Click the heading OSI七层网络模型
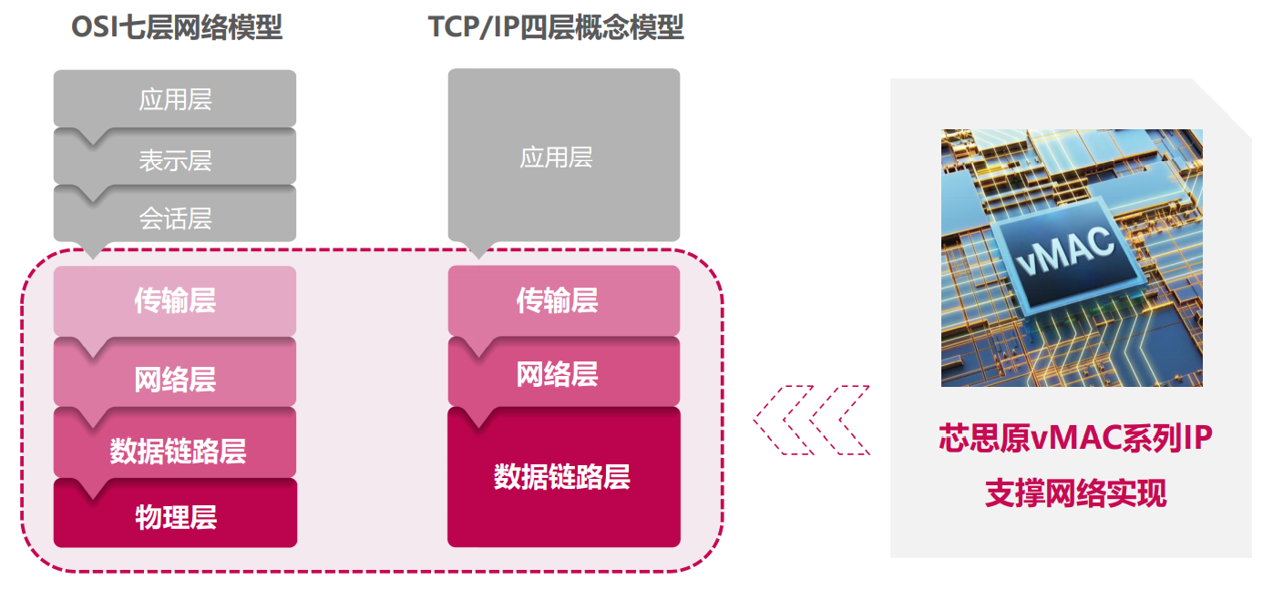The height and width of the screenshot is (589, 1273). (177, 26)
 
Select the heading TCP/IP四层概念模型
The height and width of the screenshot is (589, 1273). (556, 26)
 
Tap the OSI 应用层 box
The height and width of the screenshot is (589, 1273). (175, 98)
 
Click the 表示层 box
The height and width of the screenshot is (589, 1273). (175, 159)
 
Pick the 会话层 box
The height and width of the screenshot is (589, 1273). (175, 218)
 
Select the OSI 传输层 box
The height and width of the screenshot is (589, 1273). (175, 300)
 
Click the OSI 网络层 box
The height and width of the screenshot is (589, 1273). (175, 377)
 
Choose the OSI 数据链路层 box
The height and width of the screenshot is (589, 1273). (175, 448)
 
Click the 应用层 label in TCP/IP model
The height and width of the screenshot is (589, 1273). (556, 157)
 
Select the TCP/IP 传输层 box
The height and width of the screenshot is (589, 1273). (564, 300)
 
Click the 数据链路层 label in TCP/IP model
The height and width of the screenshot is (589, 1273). (561, 476)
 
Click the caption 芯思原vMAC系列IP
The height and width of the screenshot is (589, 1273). (1075, 438)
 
